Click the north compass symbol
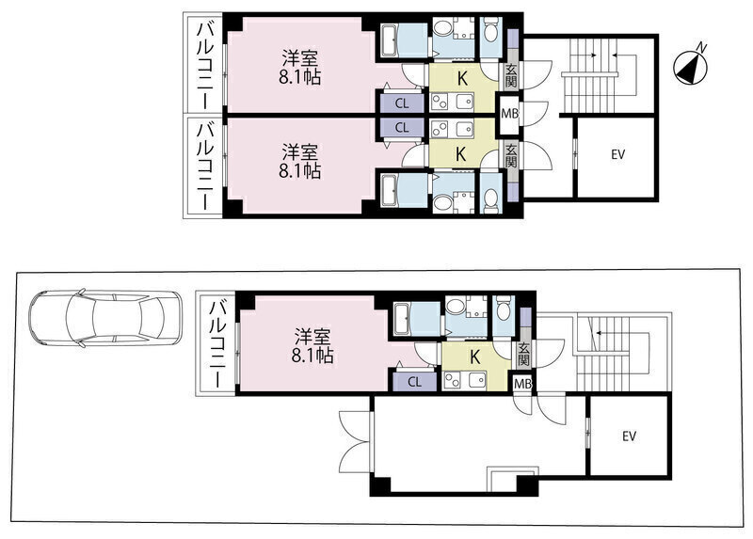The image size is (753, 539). click(x=691, y=67)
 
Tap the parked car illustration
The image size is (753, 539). click(x=105, y=318)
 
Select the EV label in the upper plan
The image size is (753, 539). click(x=618, y=154)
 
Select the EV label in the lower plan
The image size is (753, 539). click(x=630, y=436)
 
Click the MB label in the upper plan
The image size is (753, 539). click(x=509, y=114)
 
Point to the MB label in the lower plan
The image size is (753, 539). click(x=522, y=384)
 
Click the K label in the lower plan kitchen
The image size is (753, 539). click(x=475, y=357)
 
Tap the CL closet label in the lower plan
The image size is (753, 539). click(x=414, y=382)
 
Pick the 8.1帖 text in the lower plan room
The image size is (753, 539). click(x=312, y=356)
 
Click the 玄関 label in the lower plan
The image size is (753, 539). click(x=523, y=354)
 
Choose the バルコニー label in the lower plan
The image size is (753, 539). click(x=218, y=343)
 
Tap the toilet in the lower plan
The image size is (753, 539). click(x=504, y=310)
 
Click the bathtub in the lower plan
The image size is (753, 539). click(x=416, y=319)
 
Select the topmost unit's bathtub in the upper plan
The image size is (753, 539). click(x=404, y=40)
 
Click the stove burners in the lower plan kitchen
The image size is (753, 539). click(x=453, y=380)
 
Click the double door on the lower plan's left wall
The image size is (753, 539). click(x=356, y=441)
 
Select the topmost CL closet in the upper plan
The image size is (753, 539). click(x=402, y=103)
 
